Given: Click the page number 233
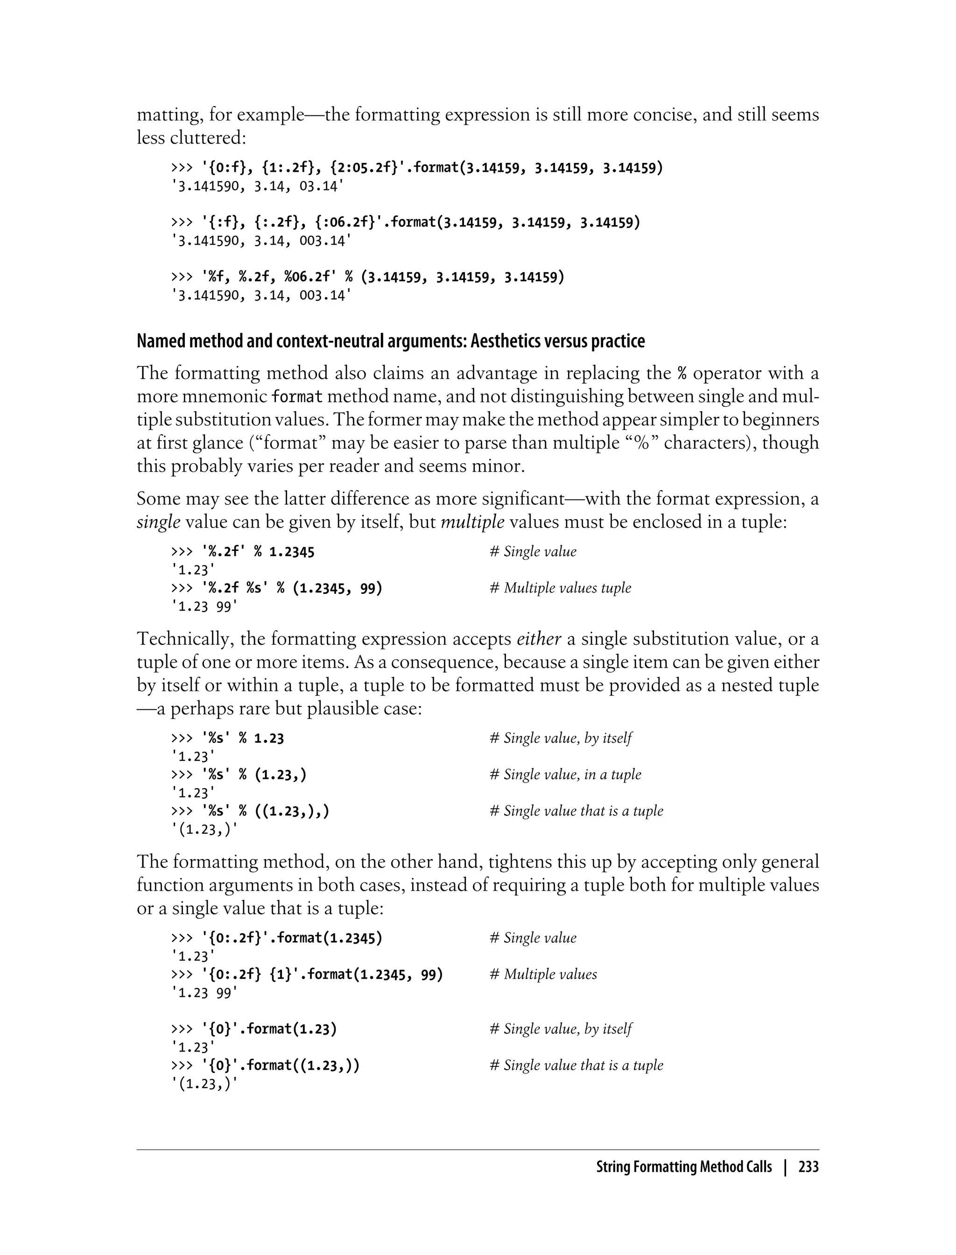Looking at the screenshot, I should pyautogui.click(x=808, y=1167).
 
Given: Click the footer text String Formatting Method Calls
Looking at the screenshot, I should pyautogui.click(x=683, y=1167).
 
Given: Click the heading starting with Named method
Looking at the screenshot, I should pyautogui.click(x=390, y=341).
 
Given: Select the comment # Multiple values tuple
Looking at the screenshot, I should pyautogui.click(x=560, y=588).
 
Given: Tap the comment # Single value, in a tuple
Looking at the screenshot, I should pyautogui.click(x=565, y=775).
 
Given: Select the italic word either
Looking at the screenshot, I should pyautogui.click(x=538, y=639).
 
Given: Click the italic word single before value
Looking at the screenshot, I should pyautogui.click(x=158, y=522).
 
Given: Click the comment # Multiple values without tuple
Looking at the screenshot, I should pyautogui.click(x=543, y=974).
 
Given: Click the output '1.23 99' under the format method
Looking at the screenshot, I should pyautogui.click(x=204, y=993).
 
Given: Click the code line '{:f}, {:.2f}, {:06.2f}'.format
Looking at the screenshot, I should pyautogui.click(x=405, y=223).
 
